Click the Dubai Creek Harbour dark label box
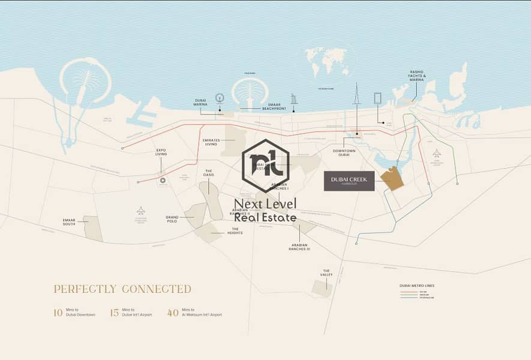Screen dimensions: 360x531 coord(349,181)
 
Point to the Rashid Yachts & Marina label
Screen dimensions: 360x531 coord(417,76)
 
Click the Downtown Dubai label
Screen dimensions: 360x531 coord(344,153)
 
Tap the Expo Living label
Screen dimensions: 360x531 coord(161,152)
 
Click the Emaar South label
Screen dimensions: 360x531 coord(69,223)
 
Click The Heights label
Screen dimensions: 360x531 coord(236,230)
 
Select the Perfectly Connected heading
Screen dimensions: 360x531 coord(122,289)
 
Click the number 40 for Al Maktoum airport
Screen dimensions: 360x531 coord(173,313)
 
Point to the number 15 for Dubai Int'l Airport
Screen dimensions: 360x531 coord(115,313)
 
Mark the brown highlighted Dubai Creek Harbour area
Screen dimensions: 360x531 coord(392,178)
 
